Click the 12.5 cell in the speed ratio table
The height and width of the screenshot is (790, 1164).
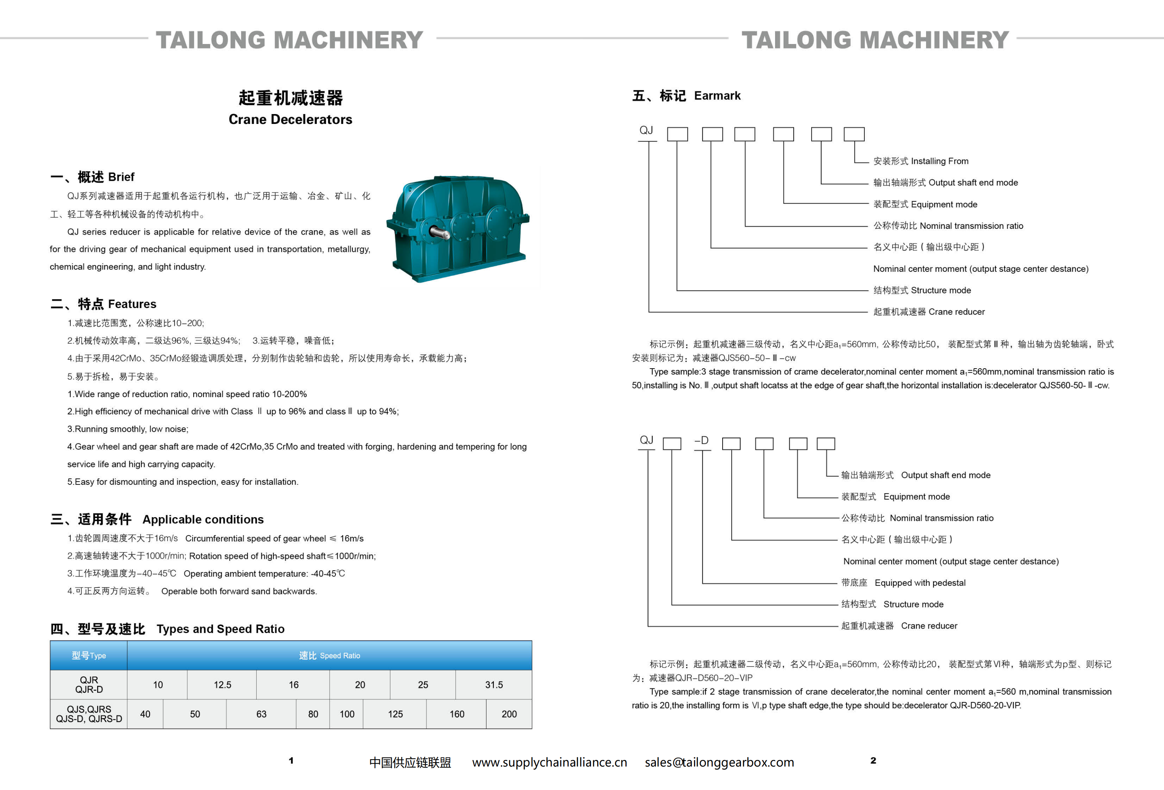pos(223,684)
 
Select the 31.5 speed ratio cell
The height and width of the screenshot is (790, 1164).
pos(493,684)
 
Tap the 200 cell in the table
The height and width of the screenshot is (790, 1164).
pos(509,714)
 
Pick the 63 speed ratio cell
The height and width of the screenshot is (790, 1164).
pos(261,714)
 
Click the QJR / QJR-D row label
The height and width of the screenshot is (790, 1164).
pos(89,684)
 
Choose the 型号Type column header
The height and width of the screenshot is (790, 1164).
pos(89,655)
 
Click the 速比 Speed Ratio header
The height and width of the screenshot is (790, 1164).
pos(329,655)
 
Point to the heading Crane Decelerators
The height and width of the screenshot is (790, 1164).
pos(290,119)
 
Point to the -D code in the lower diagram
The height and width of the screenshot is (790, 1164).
pos(701,440)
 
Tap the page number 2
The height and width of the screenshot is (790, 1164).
pos(873,760)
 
